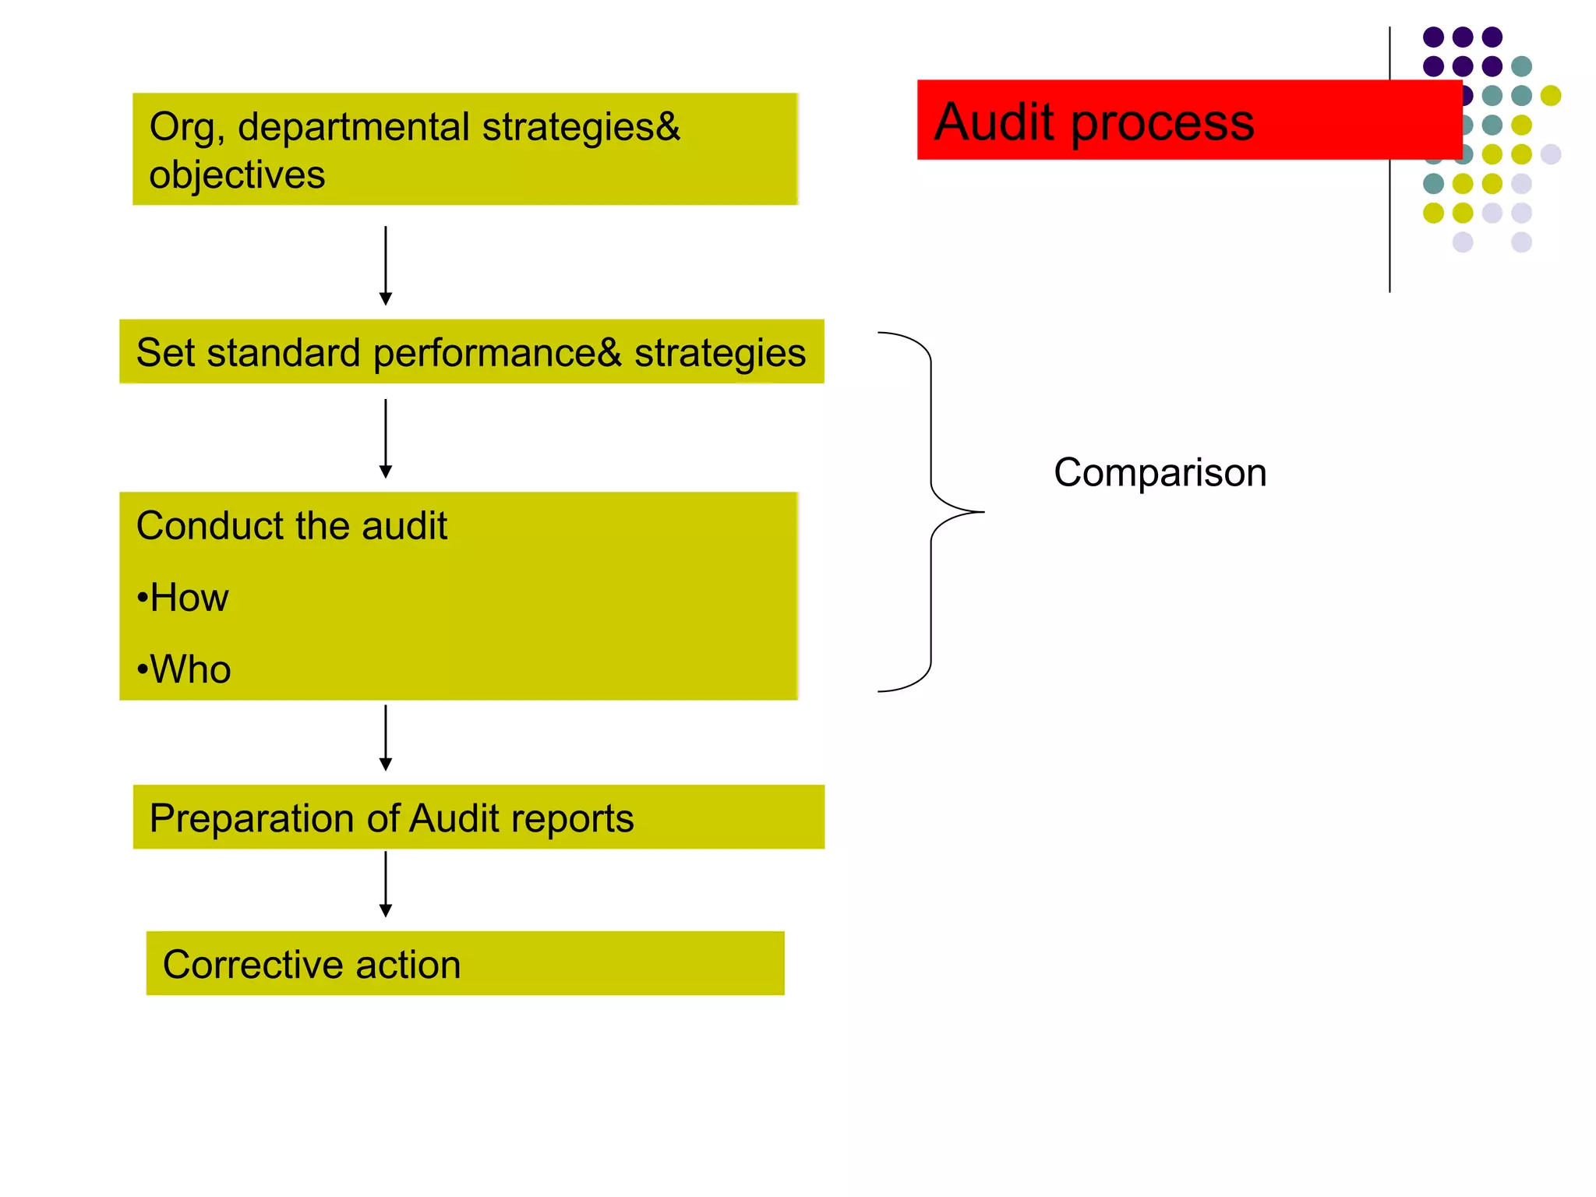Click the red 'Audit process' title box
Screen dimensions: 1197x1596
(1188, 120)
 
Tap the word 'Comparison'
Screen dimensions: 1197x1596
(1160, 472)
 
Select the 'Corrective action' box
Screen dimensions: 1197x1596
(465, 963)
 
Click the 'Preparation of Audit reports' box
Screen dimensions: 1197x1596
(478, 817)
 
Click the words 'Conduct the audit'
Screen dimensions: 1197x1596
(291, 525)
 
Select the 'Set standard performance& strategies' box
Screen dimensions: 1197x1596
(471, 351)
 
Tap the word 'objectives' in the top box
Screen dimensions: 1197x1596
(237, 175)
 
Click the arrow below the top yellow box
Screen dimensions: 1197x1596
(385, 266)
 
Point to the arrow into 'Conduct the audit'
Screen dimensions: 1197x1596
(385, 439)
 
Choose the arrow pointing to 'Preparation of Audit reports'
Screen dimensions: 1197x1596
(385, 738)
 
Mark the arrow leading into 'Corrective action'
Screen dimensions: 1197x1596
(385, 884)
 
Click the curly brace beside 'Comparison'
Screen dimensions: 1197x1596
(932, 512)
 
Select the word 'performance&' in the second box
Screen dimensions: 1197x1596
(497, 353)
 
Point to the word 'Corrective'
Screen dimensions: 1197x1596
(252, 965)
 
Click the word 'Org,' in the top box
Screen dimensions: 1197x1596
(187, 128)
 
